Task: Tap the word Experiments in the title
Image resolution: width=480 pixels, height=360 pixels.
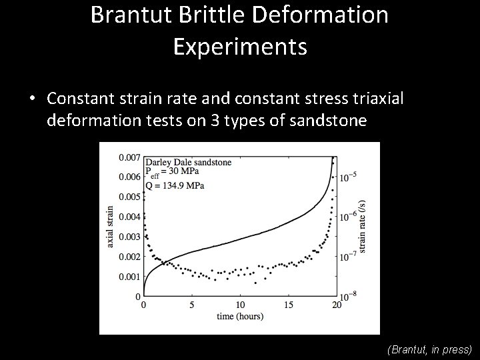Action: click(240, 46)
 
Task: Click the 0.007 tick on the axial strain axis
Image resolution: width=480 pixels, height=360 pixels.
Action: click(129, 157)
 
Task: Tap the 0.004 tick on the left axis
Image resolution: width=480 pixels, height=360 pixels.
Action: click(129, 217)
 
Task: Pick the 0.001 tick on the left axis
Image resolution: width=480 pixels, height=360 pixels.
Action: click(129, 277)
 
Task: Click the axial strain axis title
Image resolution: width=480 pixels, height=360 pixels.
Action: click(110, 227)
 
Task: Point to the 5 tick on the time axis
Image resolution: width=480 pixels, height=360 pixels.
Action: click(192, 305)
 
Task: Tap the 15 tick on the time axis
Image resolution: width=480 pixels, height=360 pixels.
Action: click(288, 305)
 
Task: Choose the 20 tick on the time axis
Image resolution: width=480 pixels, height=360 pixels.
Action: click(336, 305)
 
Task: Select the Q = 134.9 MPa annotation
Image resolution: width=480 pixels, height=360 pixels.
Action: click(174, 185)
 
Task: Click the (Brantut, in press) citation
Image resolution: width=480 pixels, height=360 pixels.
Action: click(429, 349)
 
